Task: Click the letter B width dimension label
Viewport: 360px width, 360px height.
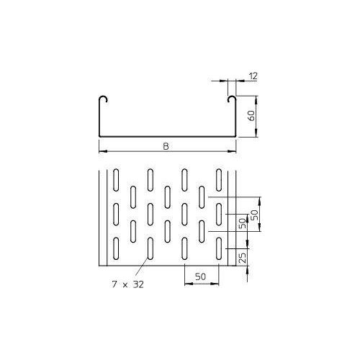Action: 166,146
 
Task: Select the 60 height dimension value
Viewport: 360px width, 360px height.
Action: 252,115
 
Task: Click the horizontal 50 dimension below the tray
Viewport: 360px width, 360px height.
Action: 201,276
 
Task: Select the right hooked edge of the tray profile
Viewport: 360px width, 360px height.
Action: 231,100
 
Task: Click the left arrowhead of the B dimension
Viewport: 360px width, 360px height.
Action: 101,151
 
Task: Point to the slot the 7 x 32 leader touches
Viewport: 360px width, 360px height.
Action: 150,248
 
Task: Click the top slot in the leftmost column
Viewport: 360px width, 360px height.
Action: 115,179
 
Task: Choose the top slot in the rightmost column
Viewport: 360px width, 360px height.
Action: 218,179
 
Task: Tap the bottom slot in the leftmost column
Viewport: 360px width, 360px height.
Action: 115,248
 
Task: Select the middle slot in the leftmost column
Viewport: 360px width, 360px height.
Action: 115,213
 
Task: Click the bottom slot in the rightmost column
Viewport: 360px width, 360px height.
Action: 218,248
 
